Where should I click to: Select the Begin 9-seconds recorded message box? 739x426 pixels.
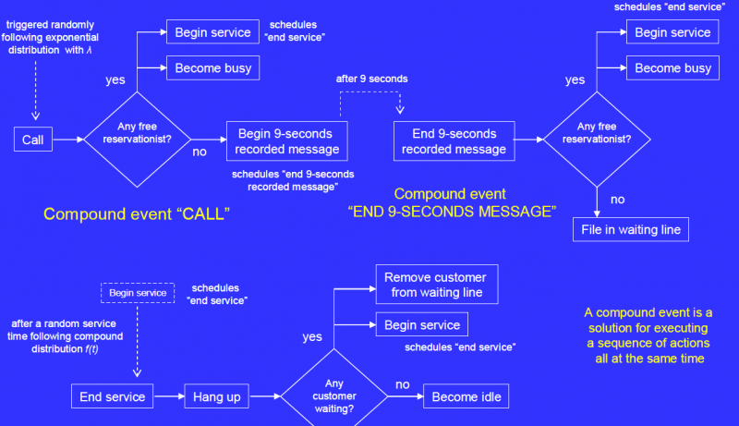coord(286,140)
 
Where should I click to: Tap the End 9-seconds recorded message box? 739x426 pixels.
coord(454,140)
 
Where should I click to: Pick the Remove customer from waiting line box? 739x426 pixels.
coord(437,286)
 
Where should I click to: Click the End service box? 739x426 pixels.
coord(112,396)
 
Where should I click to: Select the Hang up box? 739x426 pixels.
coord(216,396)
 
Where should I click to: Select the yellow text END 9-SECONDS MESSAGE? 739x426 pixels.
coord(452,212)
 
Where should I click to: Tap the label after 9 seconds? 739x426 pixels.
coord(372,80)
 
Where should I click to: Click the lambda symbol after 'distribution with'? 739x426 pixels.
coord(90,50)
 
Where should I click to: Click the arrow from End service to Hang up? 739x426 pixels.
coord(168,396)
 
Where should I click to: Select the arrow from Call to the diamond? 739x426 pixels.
coord(63,140)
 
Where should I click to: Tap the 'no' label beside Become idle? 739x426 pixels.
coord(403,383)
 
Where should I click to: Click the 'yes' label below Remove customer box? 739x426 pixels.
coord(312,336)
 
